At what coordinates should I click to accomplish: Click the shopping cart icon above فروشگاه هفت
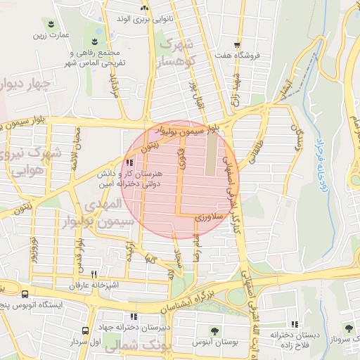pyautogui.click(x=240, y=43)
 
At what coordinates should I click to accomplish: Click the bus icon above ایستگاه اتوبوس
pyautogui.click(x=25, y=294)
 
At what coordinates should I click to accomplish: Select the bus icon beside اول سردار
pyautogui.click(x=84, y=330)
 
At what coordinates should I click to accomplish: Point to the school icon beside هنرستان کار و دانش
pyautogui.click(x=128, y=164)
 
